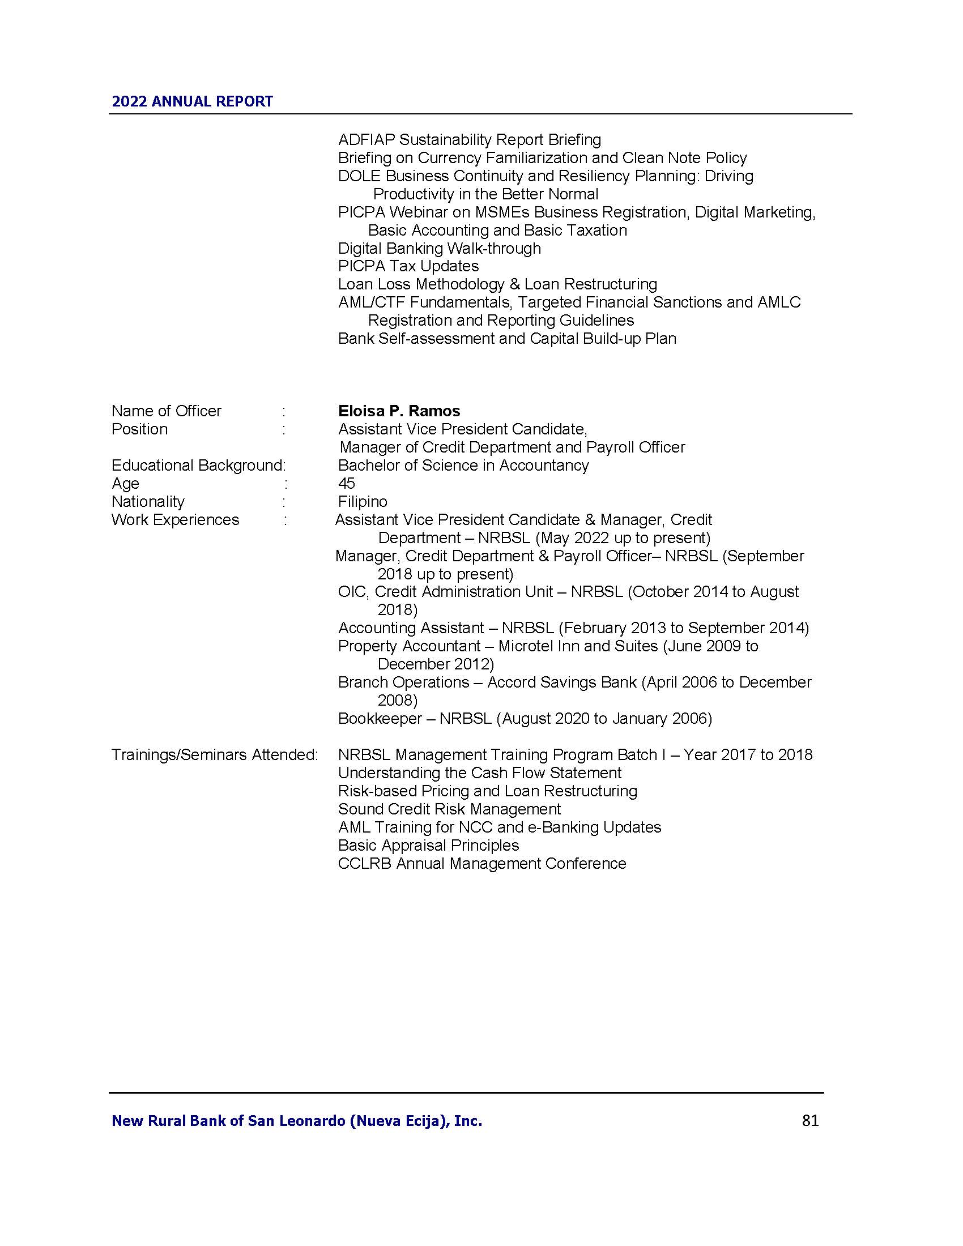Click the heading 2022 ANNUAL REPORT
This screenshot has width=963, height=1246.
192,101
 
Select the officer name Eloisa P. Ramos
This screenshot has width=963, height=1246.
399,411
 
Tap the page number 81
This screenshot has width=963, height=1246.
810,1120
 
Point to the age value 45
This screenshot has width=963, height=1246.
346,483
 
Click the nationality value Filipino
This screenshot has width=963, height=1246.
363,501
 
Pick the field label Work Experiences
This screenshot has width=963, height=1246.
175,520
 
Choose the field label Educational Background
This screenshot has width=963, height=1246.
197,466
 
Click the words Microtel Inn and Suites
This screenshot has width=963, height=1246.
578,646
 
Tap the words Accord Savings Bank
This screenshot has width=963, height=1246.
561,682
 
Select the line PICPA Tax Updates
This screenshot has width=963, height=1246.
408,266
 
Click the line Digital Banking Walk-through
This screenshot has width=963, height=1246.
439,248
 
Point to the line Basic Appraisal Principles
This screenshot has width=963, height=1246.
428,845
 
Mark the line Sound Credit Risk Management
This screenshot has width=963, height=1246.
449,809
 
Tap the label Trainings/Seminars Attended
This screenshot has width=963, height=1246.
215,755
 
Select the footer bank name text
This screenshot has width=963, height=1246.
297,1121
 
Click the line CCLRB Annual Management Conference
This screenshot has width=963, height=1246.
482,863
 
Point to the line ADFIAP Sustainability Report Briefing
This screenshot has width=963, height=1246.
469,140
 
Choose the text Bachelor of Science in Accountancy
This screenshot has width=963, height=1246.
463,466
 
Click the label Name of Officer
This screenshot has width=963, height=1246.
166,411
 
